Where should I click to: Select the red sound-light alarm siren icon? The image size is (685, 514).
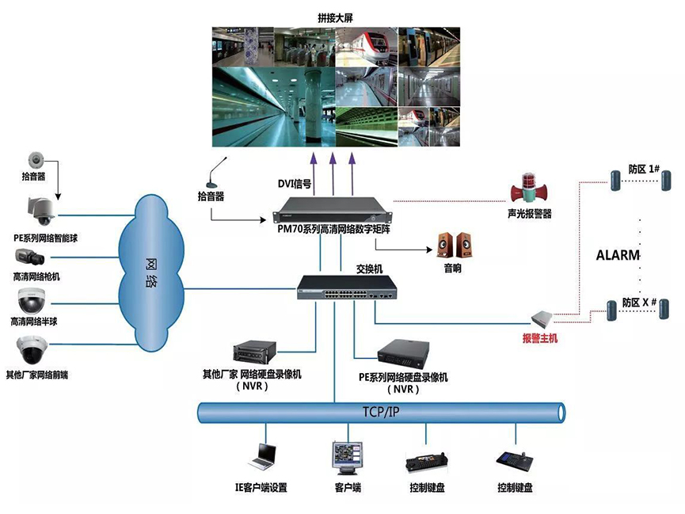click(528, 190)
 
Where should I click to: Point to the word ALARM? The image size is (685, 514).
click(617, 255)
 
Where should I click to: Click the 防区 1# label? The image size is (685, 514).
click(639, 169)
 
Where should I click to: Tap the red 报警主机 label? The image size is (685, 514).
click(540, 339)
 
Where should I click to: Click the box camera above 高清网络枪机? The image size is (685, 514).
click(32, 257)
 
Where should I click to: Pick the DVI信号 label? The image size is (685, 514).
click(294, 184)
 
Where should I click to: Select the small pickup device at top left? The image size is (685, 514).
click(35, 158)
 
